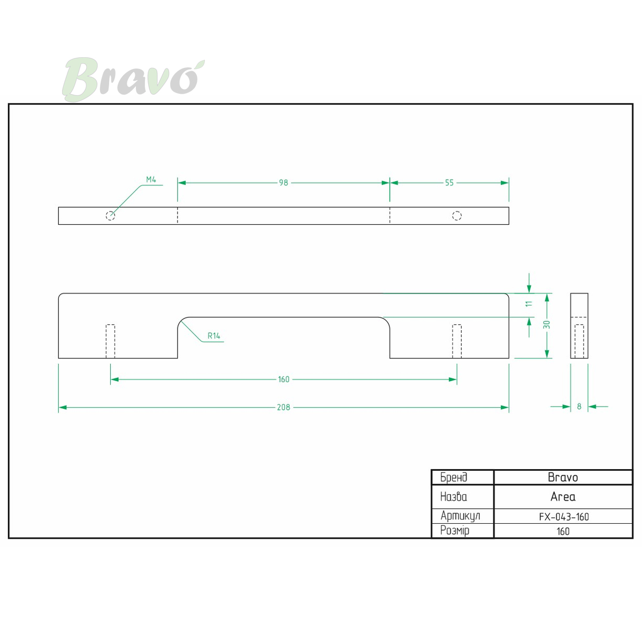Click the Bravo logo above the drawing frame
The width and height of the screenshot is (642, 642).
point(133,79)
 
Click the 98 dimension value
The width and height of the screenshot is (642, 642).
point(283,182)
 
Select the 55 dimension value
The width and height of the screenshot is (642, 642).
point(449,182)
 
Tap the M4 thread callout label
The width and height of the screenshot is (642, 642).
point(151,180)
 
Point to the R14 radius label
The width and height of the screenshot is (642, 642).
point(214,335)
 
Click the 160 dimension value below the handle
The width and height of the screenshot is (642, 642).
point(284,379)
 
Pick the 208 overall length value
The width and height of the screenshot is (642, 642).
point(284,407)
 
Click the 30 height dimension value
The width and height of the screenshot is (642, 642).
point(546,324)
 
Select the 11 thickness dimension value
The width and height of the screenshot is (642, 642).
point(529,303)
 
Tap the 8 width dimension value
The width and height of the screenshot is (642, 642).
point(579,407)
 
